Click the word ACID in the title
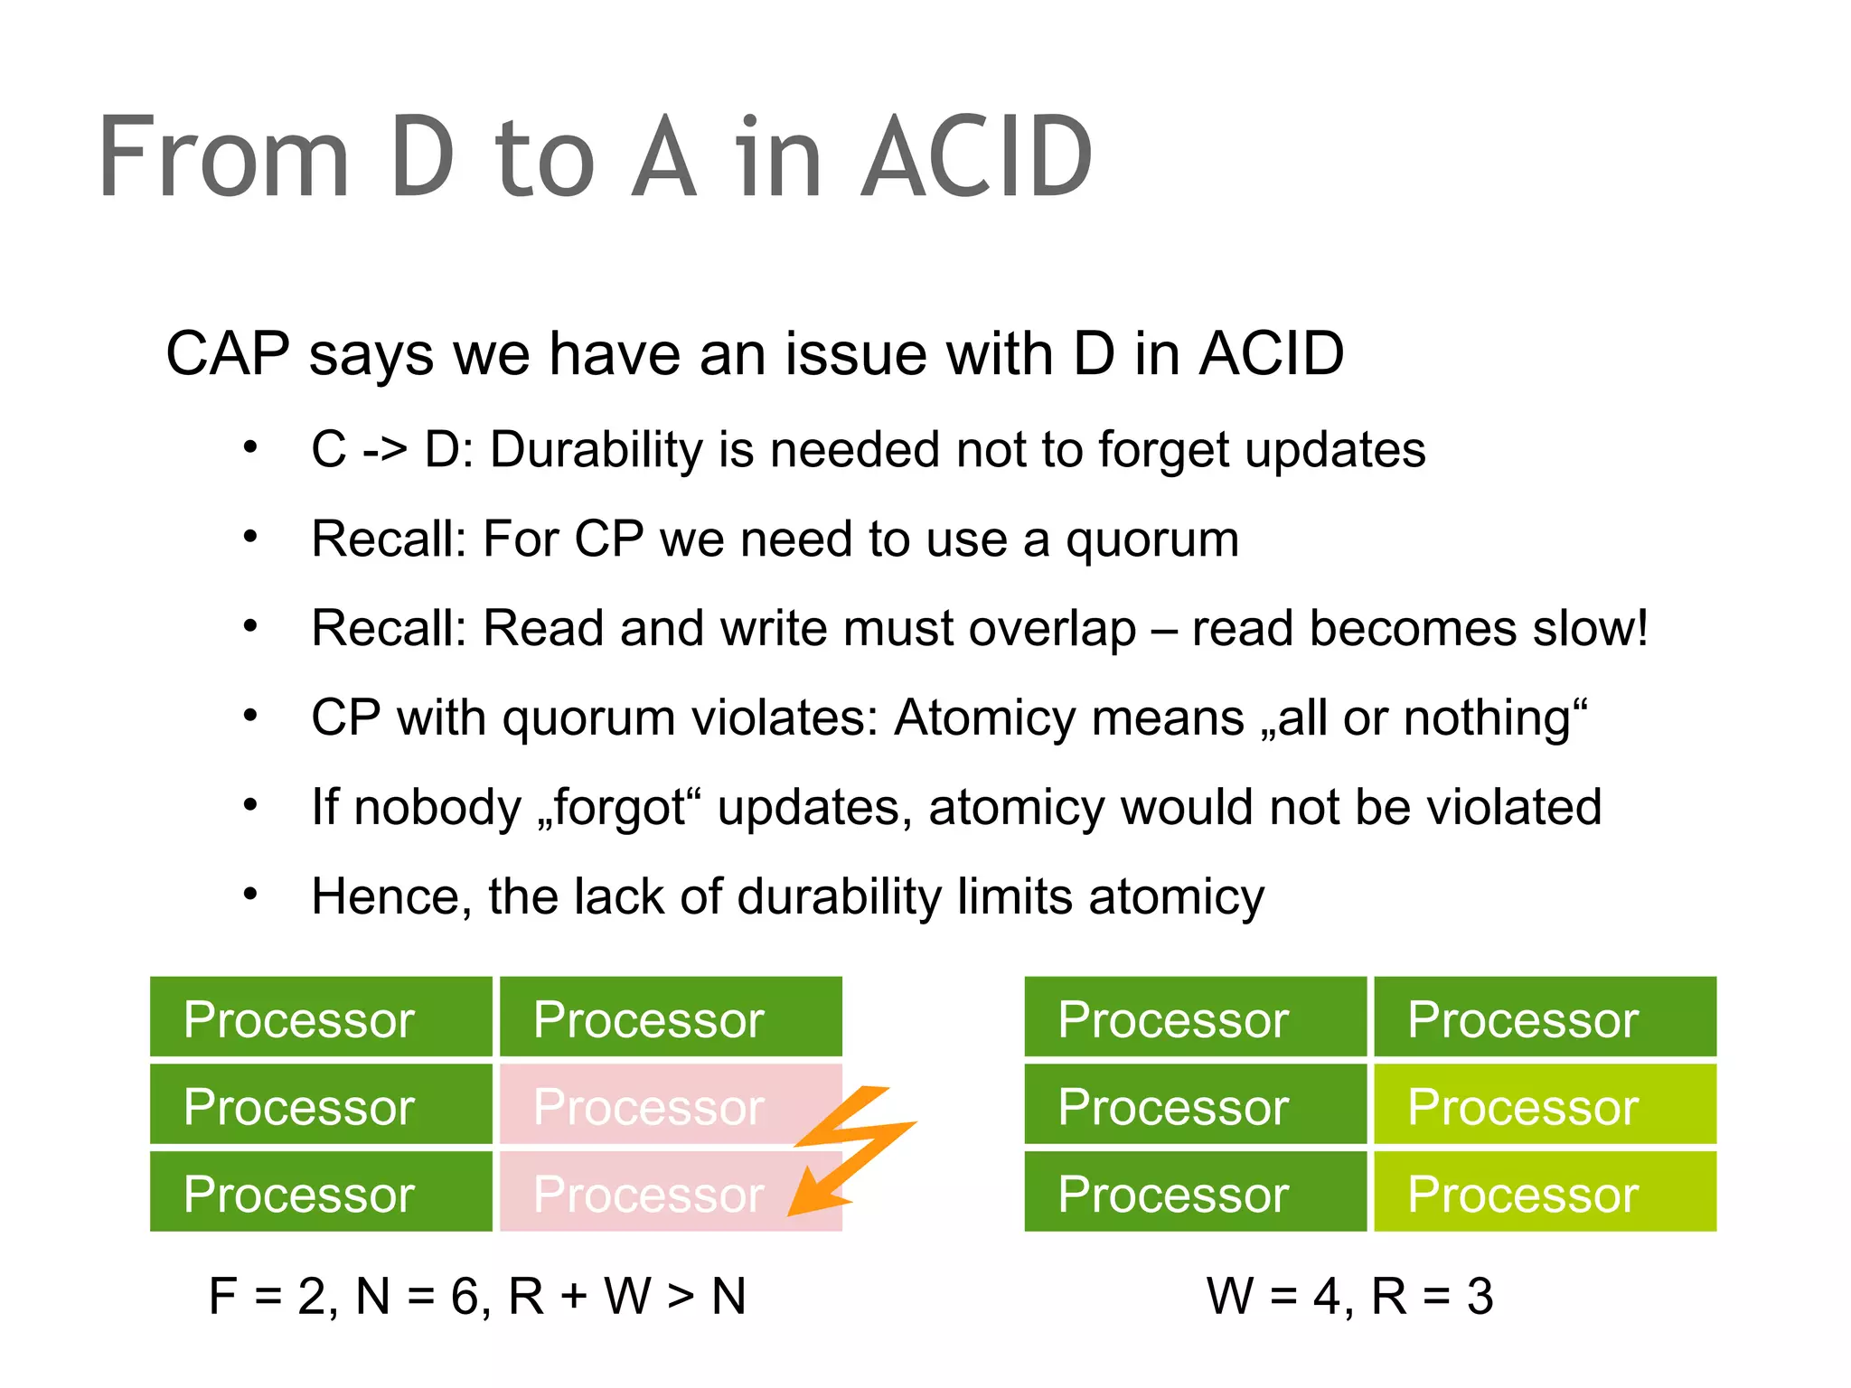pos(976,158)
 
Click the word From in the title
pos(223,158)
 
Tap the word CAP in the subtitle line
pos(228,353)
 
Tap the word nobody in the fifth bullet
pos(437,807)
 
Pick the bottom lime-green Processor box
pos(1545,1192)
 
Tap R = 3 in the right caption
pos(1433,1296)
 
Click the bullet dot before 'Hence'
pos(250,895)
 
